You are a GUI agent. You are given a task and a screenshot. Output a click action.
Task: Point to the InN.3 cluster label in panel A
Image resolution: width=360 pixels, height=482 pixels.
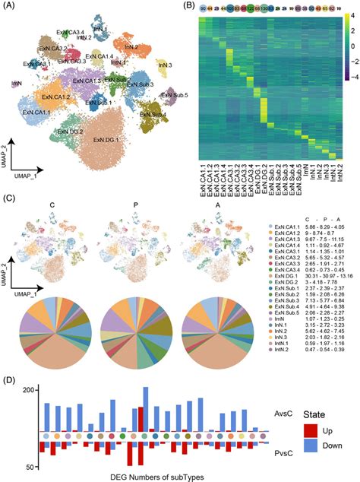tap(165, 65)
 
